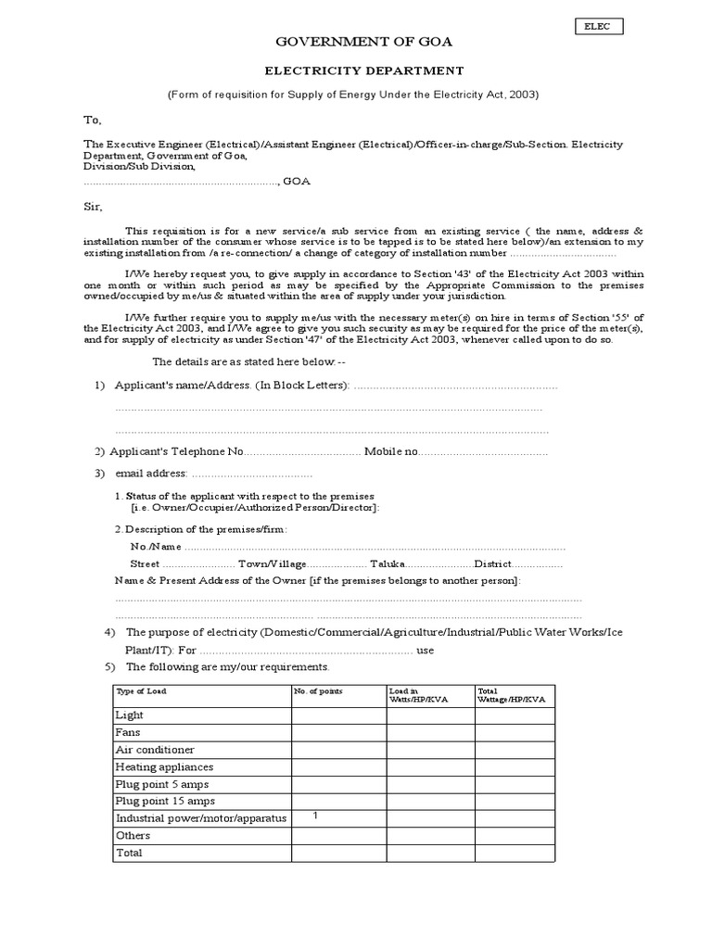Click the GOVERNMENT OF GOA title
(357, 43)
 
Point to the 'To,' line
(93, 120)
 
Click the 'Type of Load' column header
(141, 691)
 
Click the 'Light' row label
(129, 715)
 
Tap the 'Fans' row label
(128, 732)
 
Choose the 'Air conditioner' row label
(155, 750)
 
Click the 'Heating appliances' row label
(164, 767)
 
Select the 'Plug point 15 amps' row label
(164, 801)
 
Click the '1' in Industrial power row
(316, 816)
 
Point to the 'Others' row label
(133, 835)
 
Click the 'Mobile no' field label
(391, 452)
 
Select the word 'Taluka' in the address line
(388, 563)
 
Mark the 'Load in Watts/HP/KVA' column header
(418, 695)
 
